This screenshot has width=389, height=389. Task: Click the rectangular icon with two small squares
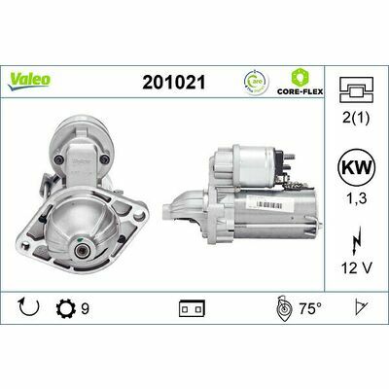189,311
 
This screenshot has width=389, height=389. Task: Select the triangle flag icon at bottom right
361,311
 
